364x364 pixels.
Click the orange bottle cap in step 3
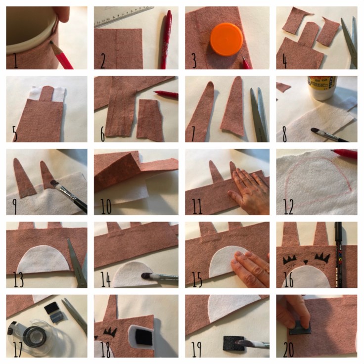[x=227, y=39]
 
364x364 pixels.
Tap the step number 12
[x=288, y=206]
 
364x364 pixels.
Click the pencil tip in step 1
[x=51, y=43]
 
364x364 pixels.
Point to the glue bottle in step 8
[x=322, y=88]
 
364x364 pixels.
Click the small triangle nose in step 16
[x=306, y=262]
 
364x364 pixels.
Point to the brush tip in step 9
[x=53, y=183]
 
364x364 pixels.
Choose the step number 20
[x=288, y=349]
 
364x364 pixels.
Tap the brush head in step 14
[x=147, y=276]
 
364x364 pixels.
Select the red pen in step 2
[x=166, y=40]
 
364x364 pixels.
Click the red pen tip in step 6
[x=155, y=92]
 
